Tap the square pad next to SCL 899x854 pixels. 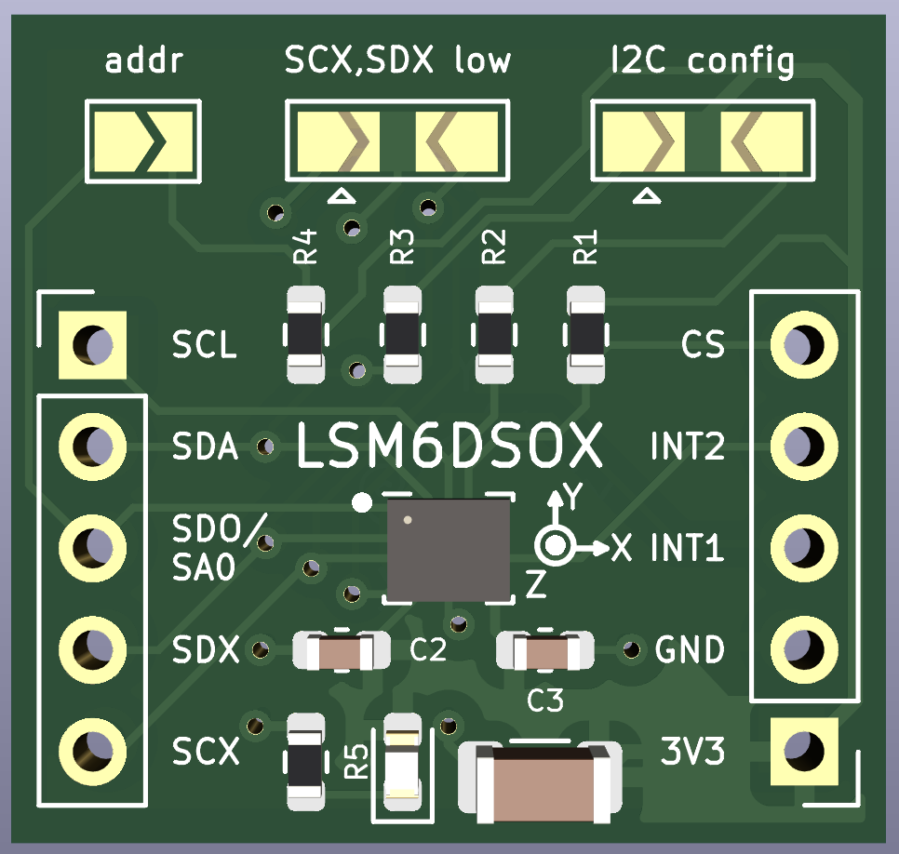[91, 345]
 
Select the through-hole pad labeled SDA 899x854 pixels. [91, 441]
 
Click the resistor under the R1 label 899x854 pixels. [586, 333]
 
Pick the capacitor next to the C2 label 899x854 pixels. [342, 651]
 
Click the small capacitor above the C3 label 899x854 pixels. [546, 651]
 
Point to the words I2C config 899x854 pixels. [703, 61]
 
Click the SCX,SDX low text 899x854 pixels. [397, 61]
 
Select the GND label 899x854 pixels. [690, 649]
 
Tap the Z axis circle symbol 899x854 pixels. [555, 546]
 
